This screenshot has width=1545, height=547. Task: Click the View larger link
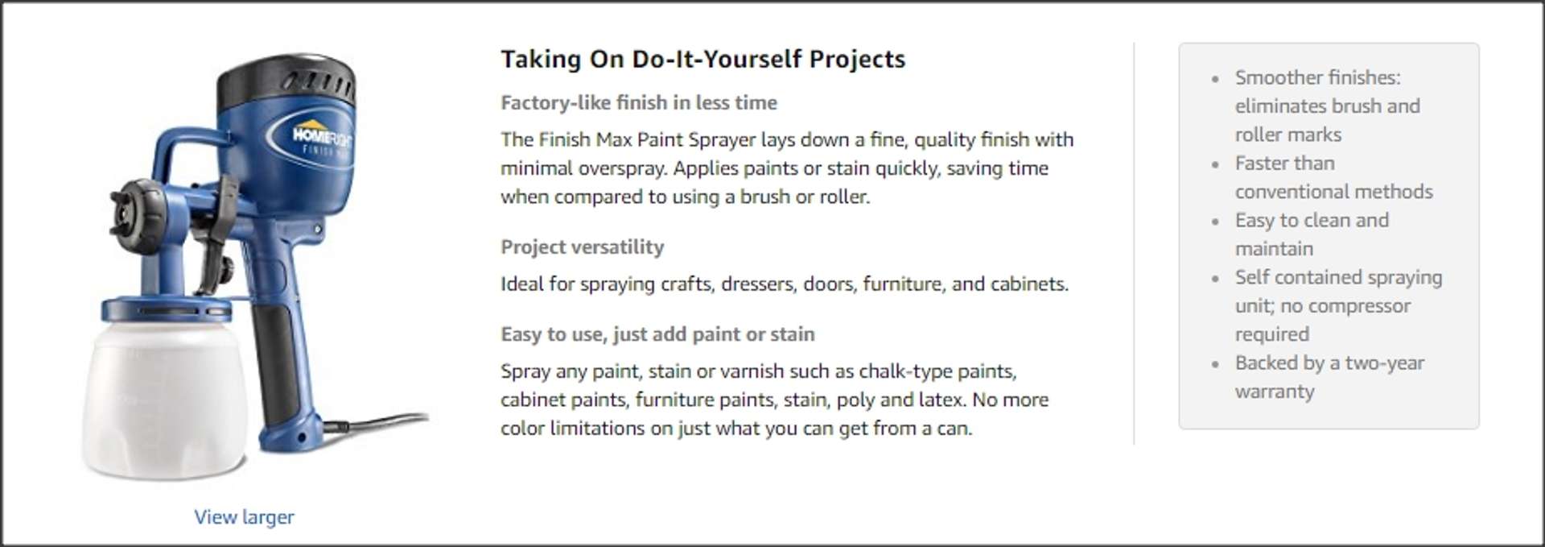click(244, 517)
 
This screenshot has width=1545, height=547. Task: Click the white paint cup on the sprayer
click(165, 395)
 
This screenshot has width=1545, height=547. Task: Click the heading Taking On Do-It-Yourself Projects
click(702, 59)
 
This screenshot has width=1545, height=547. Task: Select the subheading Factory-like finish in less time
click(639, 102)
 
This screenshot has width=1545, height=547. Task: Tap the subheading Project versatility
click(583, 247)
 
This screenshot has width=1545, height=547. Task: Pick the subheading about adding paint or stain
click(657, 334)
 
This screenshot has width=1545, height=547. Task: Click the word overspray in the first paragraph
click(622, 168)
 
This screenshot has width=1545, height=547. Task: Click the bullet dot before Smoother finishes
click(1215, 79)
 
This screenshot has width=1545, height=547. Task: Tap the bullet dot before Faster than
click(1215, 164)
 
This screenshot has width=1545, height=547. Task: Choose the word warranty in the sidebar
click(1275, 392)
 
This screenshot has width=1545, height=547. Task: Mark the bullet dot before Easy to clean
click(1215, 222)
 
